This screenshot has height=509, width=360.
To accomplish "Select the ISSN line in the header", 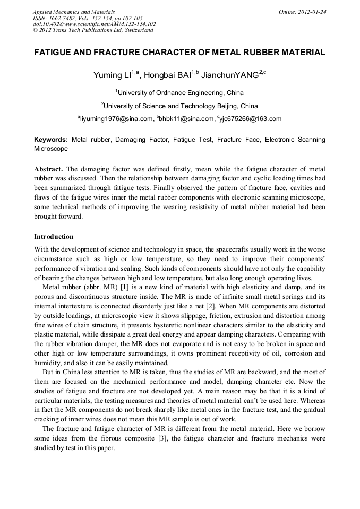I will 87,18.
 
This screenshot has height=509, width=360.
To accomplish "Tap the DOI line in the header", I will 94,24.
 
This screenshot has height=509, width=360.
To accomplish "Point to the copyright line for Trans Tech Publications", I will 93,30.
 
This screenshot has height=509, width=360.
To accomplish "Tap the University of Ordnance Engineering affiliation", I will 180,93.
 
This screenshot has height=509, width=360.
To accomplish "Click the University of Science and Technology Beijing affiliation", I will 180,106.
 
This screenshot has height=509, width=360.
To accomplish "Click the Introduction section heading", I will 54,237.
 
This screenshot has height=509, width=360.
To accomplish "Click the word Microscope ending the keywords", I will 51,149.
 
